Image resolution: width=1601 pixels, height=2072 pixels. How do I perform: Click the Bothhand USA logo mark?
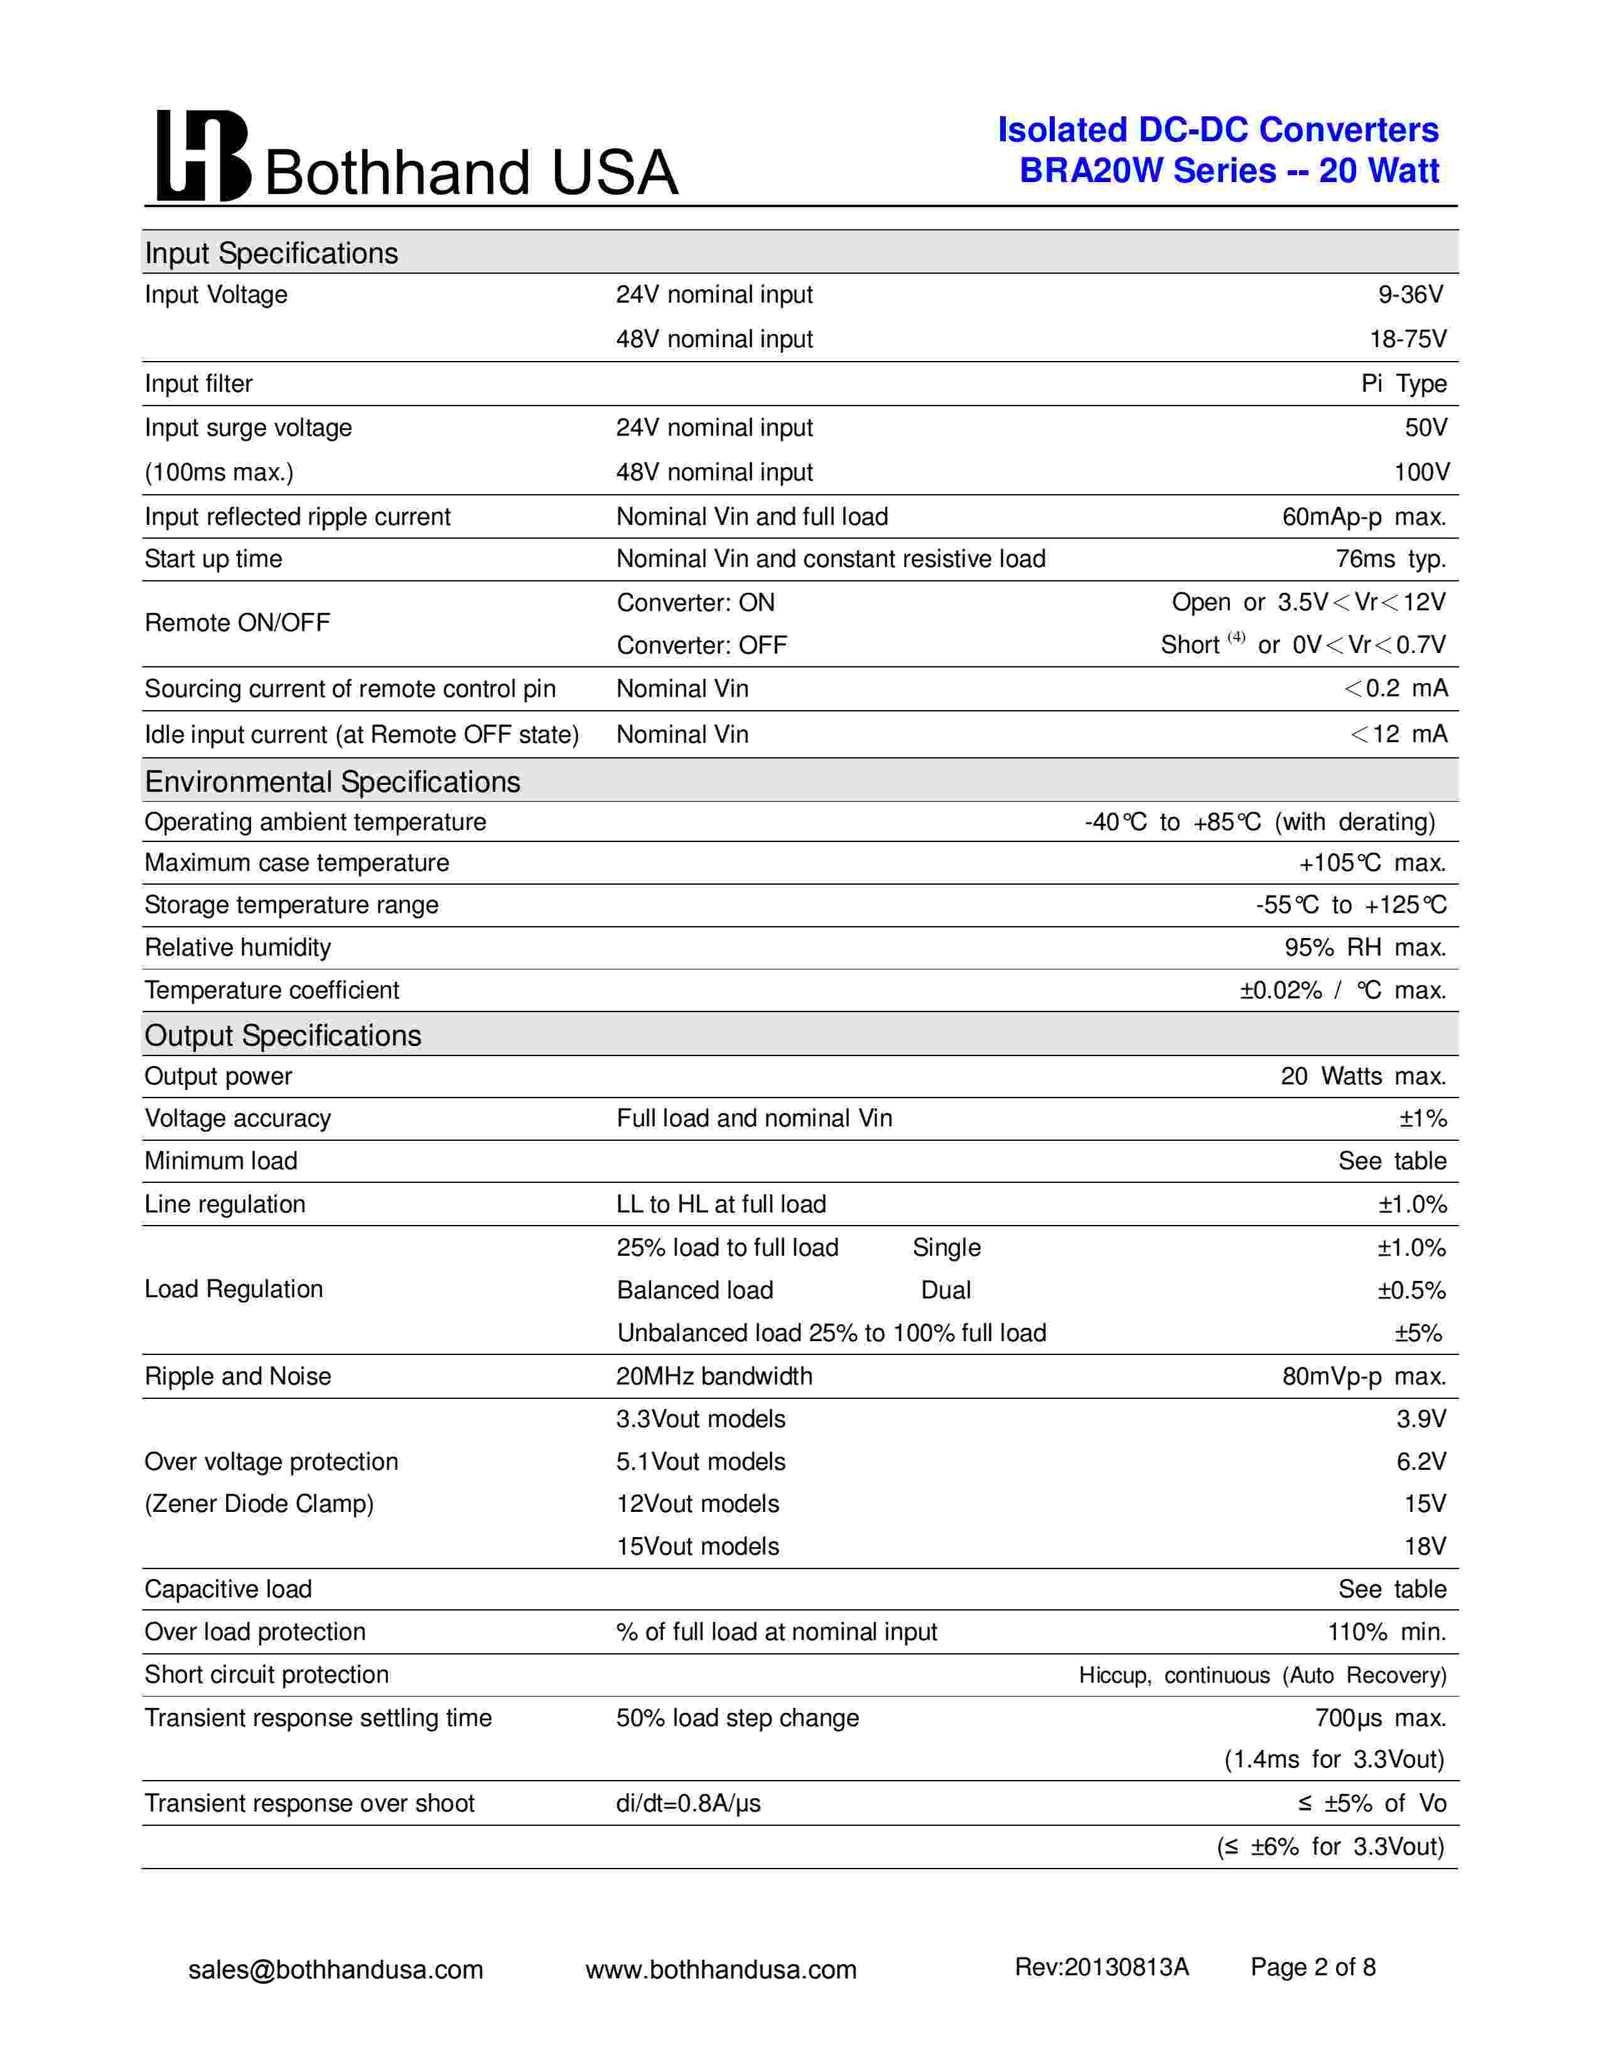[x=203, y=156]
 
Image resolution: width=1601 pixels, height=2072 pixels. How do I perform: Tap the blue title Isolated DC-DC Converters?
[x=1218, y=130]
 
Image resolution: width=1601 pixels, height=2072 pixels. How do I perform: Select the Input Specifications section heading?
[x=271, y=253]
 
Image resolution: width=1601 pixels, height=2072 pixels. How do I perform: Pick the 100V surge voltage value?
[x=1421, y=472]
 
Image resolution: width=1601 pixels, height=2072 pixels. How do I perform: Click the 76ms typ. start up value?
[x=1391, y=559]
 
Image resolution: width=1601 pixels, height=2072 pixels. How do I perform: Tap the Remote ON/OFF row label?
[x=237, y=623]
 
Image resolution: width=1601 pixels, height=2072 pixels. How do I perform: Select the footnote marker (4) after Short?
[x=1236, y=637]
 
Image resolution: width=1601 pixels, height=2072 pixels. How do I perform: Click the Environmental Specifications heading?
[x=332, y=782]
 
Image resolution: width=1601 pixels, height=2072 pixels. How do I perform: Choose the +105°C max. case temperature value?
[x=1371, y=863]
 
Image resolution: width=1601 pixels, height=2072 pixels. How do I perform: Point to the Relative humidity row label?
[x=237, y=947]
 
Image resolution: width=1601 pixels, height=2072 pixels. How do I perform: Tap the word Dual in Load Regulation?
[x=946, y=1290]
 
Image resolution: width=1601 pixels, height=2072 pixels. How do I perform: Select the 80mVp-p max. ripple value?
[x=1364, y=1376]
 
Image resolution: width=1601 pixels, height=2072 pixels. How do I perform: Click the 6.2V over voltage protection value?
[x=1421, y=1462]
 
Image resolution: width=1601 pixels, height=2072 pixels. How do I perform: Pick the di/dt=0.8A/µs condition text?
[x=687, y=1803]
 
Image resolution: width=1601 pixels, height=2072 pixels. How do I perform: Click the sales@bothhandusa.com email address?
[x=336, y=1970]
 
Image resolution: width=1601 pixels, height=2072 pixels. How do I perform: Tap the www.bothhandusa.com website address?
[x=721, y=1970]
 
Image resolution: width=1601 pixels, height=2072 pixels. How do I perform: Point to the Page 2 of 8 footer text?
[x=1313, y=1968]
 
